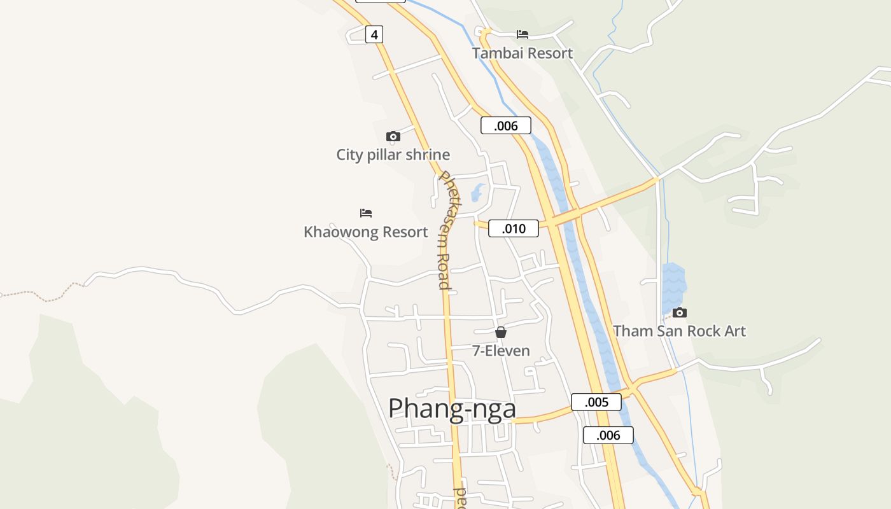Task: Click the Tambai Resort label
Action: point(523,53)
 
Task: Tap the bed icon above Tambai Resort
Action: point(523,34)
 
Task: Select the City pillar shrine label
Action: point(393,155)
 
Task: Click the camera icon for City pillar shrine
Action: point(393,136)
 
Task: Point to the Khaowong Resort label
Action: point(366,232)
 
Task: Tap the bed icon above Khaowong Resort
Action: point(366,213)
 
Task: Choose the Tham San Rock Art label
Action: point(679,331)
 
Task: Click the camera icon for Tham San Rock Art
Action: point(680,312)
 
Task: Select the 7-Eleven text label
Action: point(501,350)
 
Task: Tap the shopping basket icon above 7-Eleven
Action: point(501,332)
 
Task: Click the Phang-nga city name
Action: point(452,408)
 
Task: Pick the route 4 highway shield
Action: point(374,34)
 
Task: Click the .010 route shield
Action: point(514,228)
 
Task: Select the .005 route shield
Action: point(596,402)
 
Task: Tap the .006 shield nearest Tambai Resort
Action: point(506,125)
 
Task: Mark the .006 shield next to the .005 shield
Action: point(608,435)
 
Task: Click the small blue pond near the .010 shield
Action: point(477,192)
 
